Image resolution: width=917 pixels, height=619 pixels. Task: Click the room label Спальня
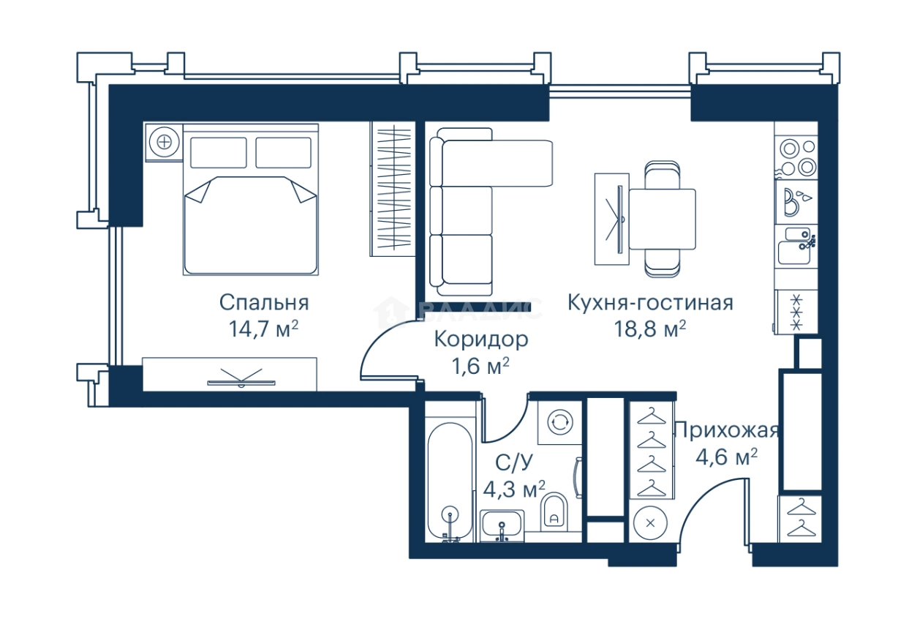point(264,303)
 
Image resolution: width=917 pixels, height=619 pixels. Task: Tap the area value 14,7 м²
point(264,329)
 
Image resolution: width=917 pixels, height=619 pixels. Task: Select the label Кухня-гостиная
point(650,303)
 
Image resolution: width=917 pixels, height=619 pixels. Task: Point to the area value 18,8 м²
point(650,329)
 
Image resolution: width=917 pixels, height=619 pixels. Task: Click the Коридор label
point(480,339)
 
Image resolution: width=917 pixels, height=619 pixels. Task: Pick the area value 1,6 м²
point(480,365)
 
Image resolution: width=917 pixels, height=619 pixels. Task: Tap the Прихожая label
point(726,430)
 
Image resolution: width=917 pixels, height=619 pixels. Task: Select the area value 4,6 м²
point(726,457)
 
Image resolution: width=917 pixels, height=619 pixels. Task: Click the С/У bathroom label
point(513,462)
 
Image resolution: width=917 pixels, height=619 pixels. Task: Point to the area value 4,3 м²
point(515,488)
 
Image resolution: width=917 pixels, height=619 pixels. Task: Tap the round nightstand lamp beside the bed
point(164,142)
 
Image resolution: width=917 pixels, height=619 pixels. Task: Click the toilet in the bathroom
point(555,511)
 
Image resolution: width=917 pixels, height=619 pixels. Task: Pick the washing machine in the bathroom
point(559,421)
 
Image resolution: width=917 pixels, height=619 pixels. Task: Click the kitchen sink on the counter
point(793,247)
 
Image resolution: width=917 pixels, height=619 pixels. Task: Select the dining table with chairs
point(662,219)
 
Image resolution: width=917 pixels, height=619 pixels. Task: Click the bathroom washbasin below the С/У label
point(502,525)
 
